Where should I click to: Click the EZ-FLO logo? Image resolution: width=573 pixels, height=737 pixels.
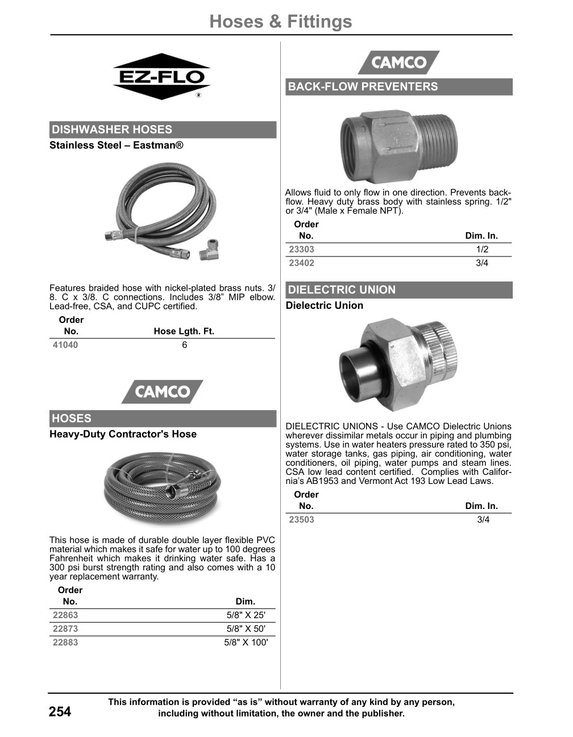161,77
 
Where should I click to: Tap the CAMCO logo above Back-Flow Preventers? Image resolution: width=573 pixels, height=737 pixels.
398,63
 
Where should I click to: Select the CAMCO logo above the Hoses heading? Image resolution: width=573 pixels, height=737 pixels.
162,392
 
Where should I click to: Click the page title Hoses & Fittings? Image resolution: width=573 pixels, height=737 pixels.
280,22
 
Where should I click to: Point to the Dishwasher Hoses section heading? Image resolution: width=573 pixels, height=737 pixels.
112,130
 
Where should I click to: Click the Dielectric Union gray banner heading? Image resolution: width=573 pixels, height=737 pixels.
342,290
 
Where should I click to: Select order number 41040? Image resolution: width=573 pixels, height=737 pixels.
65,345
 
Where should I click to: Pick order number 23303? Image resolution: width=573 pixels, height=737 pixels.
301,250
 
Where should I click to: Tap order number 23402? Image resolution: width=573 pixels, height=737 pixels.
301,263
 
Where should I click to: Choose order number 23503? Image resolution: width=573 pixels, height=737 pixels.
301,520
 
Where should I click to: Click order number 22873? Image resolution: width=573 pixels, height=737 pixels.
65,629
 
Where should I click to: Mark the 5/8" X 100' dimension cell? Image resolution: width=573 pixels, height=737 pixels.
246,643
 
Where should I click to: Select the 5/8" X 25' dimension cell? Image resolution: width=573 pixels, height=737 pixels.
246,615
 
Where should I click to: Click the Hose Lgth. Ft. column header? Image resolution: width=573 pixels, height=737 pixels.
184,332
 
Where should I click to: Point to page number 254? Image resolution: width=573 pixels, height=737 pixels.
60,712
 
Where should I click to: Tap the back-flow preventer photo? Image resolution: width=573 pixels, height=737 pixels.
398,147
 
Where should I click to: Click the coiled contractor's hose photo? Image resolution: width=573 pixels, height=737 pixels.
162,488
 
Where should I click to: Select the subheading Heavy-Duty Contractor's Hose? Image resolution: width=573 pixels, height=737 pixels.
123,434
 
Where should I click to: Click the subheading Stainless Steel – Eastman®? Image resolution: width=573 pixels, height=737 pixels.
117,146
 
